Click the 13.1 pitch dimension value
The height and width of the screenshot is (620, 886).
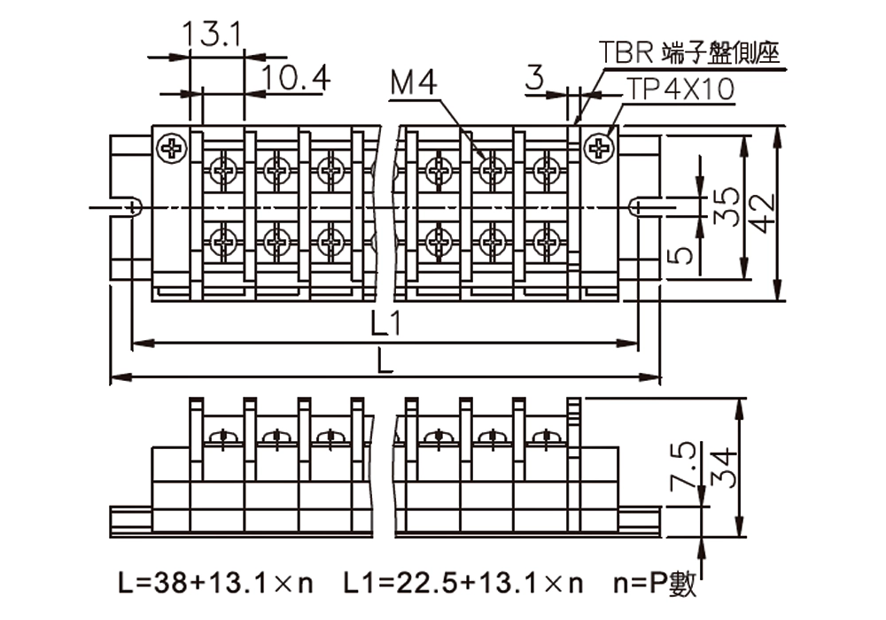coord(213,35)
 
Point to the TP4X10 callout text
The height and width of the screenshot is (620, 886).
coord(680,89)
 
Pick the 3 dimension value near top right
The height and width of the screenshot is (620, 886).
coord(534,78)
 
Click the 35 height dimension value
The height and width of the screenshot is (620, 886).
coord(727,206)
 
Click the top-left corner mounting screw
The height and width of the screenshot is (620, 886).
coord(171,148)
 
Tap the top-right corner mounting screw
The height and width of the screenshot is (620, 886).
coord(600,148)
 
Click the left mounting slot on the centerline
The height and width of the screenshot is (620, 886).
coord(131,207)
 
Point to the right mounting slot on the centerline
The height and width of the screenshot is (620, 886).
coord(638,207)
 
